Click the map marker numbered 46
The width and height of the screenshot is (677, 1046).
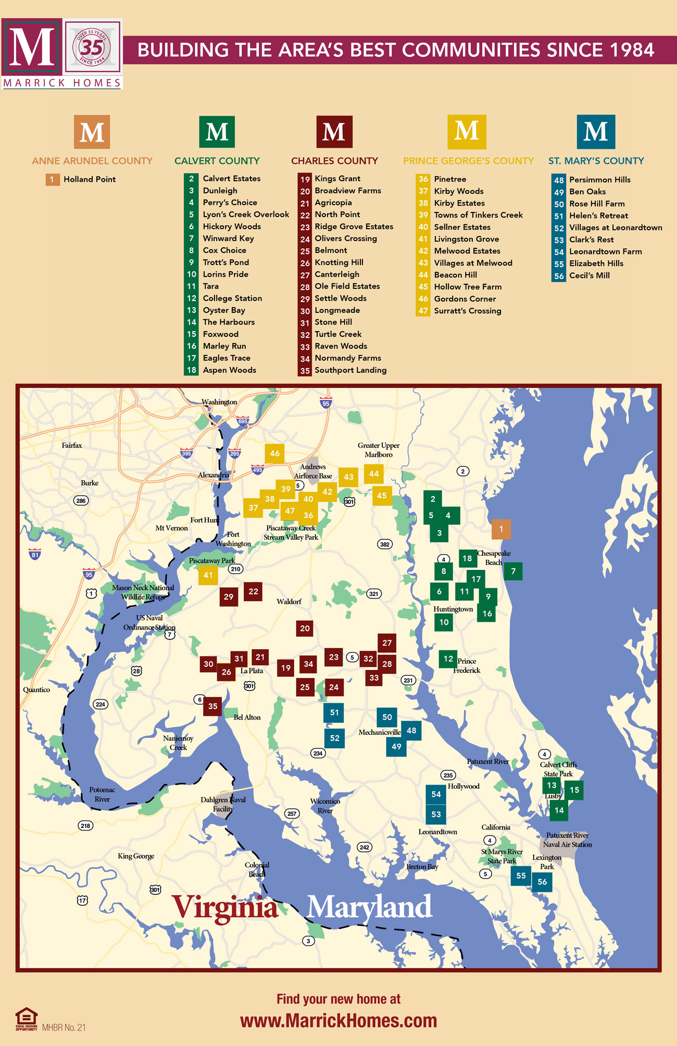click(274, 453)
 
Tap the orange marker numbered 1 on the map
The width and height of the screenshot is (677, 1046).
click(501, 529)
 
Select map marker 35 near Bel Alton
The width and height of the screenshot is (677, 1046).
click(212, 707)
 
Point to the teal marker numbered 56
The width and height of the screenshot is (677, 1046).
click(542, 881)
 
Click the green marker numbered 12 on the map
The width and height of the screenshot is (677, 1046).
click(448, 659)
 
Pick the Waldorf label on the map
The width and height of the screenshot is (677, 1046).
click(289, 601)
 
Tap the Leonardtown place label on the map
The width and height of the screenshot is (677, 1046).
click(437, 831)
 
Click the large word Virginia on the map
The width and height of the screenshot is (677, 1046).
click(225, 907)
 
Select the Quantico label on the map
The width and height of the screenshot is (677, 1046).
click(36, 689)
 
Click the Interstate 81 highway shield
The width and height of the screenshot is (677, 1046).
click(35, 553)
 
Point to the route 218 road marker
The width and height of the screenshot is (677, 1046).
click(85, 825)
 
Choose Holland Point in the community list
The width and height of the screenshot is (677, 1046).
click(90, 179)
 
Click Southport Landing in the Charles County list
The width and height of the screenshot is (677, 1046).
click(350, 370)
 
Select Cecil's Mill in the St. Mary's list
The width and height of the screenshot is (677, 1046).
click(589, 275)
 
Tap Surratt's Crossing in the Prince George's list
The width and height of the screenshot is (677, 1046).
click(467, 311)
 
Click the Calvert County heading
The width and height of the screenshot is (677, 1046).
click(217, 161)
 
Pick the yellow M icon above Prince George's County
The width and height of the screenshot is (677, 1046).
click(467, 132)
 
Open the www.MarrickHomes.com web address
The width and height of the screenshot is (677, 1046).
click(338, 1020)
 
